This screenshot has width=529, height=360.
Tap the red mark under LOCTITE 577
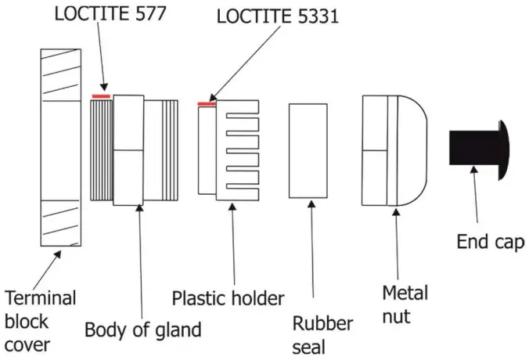(x=101, y=96)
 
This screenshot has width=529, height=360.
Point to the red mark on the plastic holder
(x=207, y=103)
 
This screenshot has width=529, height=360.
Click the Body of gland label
(x=142, y=329)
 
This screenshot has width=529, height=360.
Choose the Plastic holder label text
(x=228, y=297)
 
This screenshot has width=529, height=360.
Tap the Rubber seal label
(x=322, y=334)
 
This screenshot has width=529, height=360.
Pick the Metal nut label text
(x=405, y=303)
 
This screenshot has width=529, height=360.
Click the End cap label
(x=491, y=242)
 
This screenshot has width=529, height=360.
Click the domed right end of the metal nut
(x=418, y=149)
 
